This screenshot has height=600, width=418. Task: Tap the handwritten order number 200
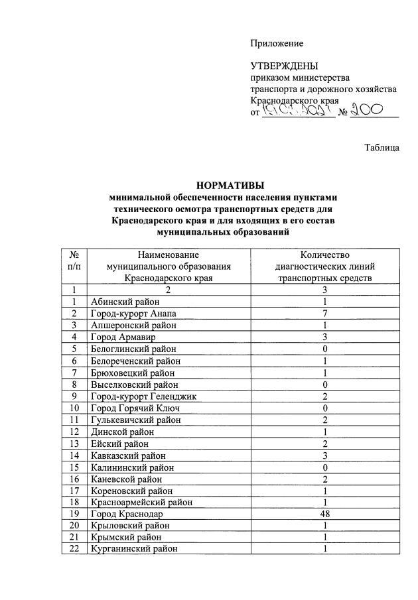point(374,111)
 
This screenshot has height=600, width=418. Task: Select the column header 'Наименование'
point(169,254)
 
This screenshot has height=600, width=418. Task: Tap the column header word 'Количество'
point(324,254)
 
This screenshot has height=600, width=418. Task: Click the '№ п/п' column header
point(74,260)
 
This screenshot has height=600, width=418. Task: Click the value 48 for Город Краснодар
point(324,513)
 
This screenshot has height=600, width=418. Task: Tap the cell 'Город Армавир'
point(119,337)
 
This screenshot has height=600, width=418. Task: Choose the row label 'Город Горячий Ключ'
point(131,408)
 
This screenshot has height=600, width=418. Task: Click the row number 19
point(74,513)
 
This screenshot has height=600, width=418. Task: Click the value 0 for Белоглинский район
point(324,349)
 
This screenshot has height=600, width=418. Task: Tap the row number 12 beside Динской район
point(74,431)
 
